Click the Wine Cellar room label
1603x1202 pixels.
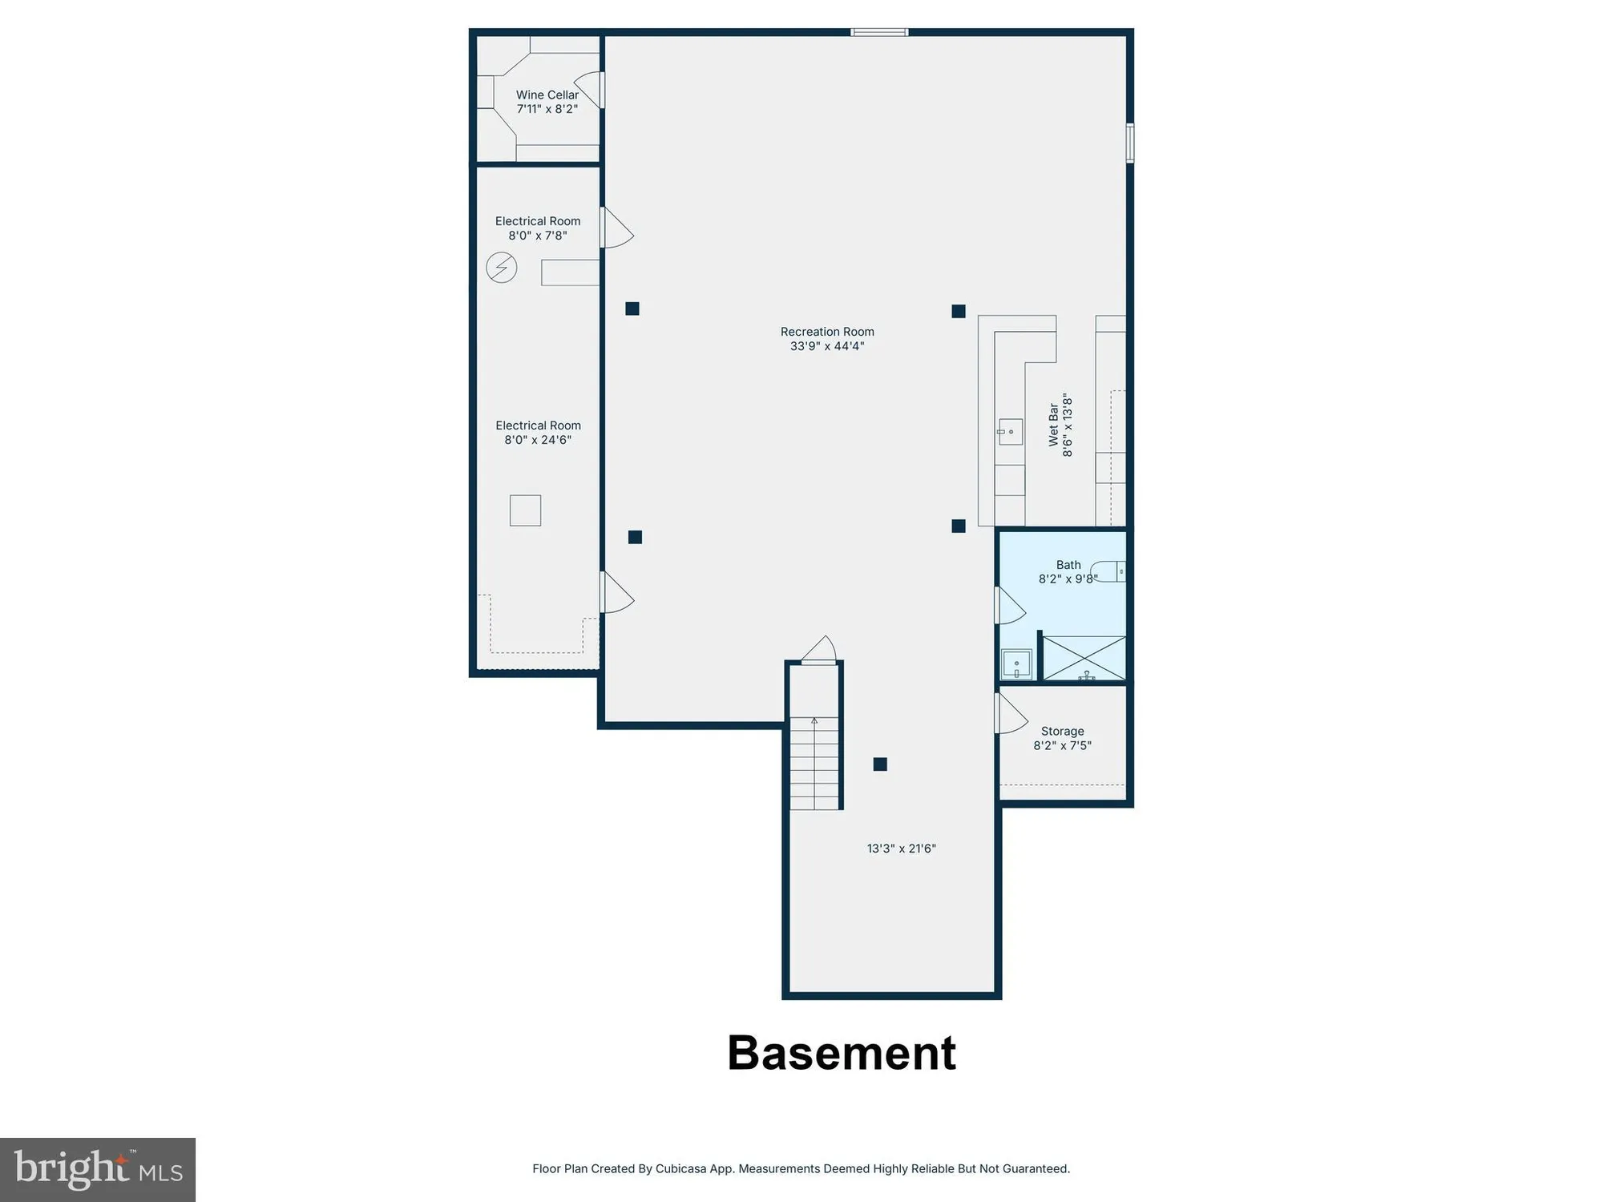click(547, 95)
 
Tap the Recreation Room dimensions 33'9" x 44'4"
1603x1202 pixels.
click(827, 346)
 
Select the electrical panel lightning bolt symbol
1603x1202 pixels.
click(502, 268)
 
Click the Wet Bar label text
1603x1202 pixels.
click(1053, 425)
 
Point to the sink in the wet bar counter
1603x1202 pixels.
click(1010, 432)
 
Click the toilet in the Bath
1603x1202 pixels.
click(1109, 571)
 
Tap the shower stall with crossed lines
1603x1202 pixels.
click(1084, 658)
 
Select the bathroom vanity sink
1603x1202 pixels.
click(1016, 664)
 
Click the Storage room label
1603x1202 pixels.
click(1062, 731)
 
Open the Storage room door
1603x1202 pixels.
click(1010, 714)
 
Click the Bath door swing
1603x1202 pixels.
click(1008, 606)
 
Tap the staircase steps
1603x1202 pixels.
click(814, 763)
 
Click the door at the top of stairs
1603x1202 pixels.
click(819, 650)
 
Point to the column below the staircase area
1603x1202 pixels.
click(880, 764)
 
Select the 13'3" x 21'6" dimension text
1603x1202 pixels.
click(901, 849)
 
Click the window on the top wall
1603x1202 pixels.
click(878, 32)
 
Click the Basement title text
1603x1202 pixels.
click(841, 1053)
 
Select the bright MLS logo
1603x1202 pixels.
click(98, 1169)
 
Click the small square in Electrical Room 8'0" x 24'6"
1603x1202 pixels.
click(525, 510)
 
